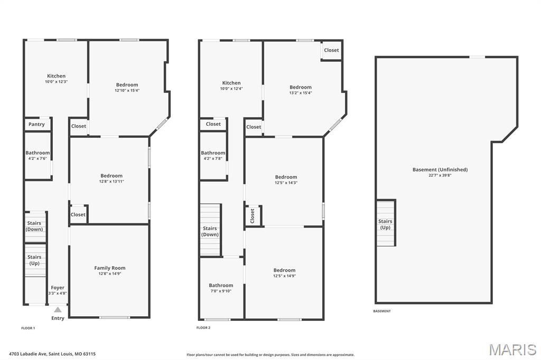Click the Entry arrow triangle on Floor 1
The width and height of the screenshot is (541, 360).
coord(58,309)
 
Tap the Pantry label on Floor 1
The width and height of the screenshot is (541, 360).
coord(36,125)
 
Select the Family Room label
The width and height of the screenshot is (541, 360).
coord(110,268)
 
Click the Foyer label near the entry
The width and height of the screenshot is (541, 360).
coord(58,288)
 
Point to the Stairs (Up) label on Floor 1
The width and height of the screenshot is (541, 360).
coord(34,260)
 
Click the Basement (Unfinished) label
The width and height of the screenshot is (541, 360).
coord(440,169)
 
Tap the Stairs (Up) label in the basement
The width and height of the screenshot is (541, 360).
coord(385,224)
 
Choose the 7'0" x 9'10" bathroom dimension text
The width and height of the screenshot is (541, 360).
coord(221,291)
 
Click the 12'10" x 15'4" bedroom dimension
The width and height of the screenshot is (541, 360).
coord(127,90)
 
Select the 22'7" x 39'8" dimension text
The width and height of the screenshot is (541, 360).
coord(440,175)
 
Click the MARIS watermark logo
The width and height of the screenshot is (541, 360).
coord(512,349)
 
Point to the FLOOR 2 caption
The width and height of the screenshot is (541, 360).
coord(203,328)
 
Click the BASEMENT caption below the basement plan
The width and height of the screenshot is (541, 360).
coord(382,311)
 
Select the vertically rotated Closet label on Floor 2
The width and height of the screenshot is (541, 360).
coord(253,215)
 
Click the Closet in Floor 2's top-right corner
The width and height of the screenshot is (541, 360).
coord(331,50)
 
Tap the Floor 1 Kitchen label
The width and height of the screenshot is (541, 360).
coord(56,76)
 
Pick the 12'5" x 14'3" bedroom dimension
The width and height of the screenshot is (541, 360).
coord(286,183)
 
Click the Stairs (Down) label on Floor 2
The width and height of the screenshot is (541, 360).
coord(210,231)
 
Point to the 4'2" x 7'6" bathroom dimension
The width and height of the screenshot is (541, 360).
coord(38,158)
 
